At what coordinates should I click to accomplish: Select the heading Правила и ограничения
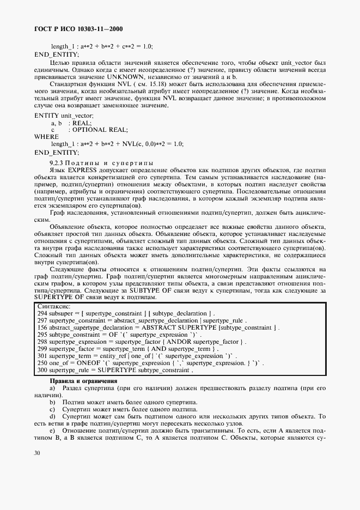(83, 380)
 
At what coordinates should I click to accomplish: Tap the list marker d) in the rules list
(53, 416)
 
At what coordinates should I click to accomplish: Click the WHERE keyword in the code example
(46, 137)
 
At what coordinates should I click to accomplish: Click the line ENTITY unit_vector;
(64, 116)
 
